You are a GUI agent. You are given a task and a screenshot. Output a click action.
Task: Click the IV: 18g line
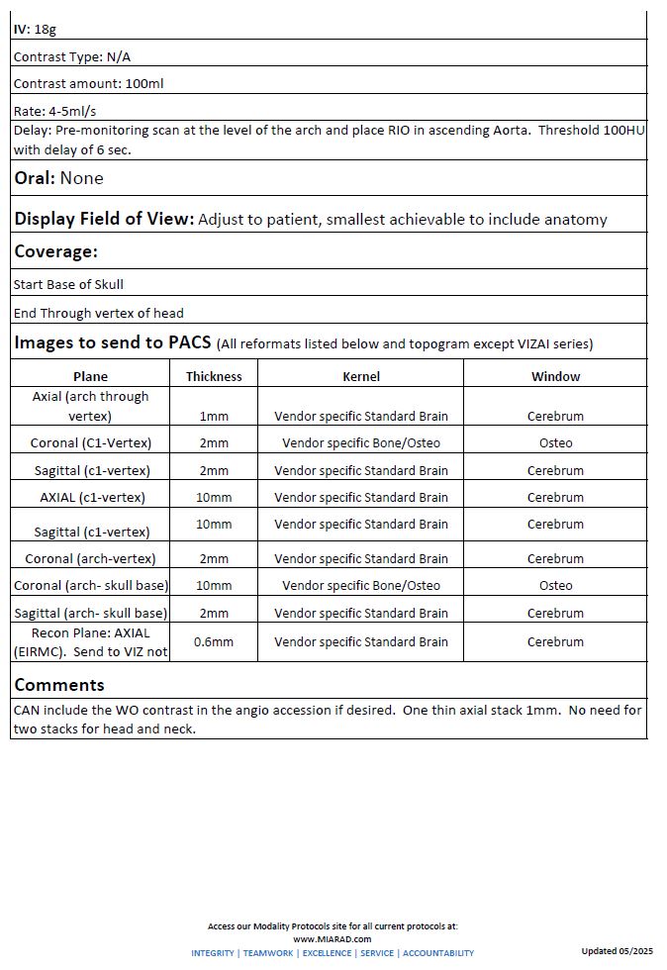coord(35,30)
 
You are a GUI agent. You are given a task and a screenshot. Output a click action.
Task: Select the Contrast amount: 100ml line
coord(88,83)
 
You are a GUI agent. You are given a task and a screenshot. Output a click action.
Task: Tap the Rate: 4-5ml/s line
coord(54,111)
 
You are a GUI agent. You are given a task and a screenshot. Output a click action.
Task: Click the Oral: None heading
coord(58,178)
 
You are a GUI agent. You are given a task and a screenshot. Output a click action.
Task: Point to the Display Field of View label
coord(104,219)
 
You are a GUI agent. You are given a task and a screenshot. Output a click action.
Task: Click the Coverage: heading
coord(55,251)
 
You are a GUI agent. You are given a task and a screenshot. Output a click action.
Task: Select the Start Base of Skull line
coord(68,284)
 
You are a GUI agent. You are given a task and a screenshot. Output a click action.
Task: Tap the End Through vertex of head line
coord(98,313)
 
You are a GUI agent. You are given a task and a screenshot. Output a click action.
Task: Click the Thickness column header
coord(214,376)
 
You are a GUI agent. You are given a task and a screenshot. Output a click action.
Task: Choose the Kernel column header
coord(361,376)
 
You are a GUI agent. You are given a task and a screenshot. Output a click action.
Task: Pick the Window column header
coord(555,376)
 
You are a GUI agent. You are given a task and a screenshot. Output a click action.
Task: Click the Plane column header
coord(90,376)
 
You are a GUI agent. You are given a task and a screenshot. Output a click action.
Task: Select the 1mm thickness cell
coord(214,417)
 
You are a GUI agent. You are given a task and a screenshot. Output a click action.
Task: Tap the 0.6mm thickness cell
coord(214,641)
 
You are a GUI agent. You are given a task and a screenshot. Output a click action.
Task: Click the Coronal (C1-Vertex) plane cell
coord(90,442)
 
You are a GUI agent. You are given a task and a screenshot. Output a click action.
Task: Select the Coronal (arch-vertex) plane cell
coord(90,558)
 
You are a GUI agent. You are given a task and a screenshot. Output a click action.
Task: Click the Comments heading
coord(58,685)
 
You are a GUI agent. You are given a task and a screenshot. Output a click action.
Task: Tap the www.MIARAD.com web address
coord(333,938)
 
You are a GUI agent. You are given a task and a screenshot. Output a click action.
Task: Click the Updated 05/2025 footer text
coord(617,951)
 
